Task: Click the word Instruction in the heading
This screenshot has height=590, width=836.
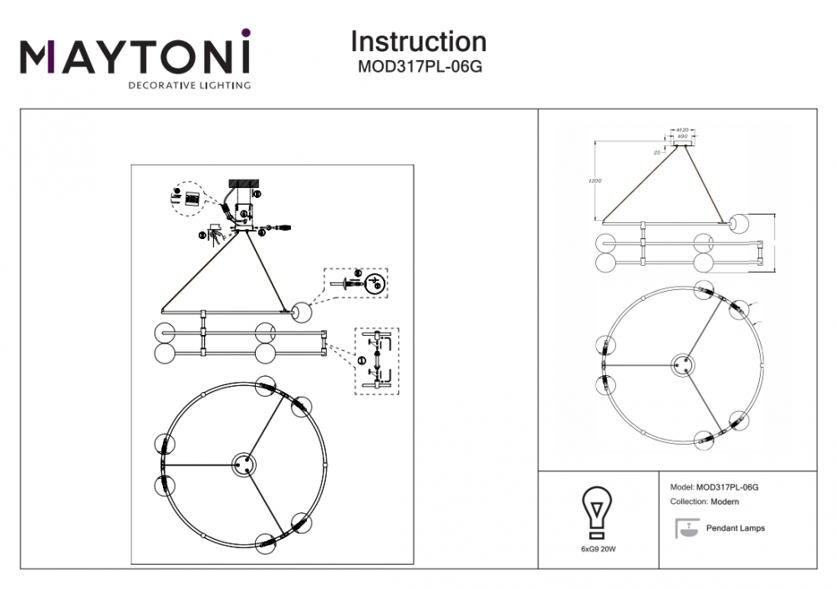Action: (x=418, y=42)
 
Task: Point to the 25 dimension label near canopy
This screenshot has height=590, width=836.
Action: (x=658, y=153)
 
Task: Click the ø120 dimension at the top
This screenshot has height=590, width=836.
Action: (x=681, y=130)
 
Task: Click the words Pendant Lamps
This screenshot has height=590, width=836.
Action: (x=735, y=528)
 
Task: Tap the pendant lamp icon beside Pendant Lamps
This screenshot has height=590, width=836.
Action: (x=687, y=527)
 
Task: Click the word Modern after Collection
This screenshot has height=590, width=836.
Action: (x=725, y=501)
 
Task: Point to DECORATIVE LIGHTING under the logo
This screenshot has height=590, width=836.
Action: (x=188, y=85)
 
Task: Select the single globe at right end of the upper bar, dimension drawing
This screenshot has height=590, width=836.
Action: (x=739, y=223)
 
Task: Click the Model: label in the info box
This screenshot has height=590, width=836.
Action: (x=682, y=486)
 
